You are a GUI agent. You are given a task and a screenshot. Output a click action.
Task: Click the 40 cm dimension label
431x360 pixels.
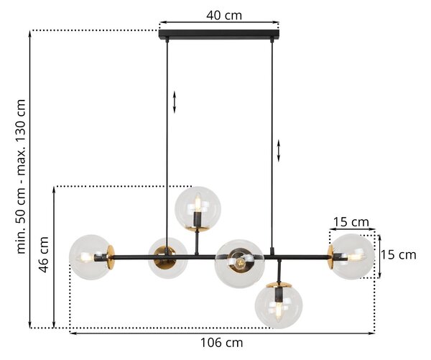click(224, 15)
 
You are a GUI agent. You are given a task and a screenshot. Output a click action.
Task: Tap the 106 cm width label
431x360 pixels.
click(221, 343)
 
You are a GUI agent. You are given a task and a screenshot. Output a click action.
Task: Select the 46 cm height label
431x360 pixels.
click(44, 254)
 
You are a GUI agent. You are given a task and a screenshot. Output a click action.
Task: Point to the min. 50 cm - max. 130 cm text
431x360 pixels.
click(21, 176)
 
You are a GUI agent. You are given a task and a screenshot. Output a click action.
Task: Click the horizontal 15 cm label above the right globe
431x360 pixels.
click(351, 222)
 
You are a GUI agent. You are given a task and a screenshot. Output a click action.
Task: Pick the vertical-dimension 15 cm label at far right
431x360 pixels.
click(398, 255)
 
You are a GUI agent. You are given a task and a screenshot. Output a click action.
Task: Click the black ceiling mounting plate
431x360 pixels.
click(219, 34)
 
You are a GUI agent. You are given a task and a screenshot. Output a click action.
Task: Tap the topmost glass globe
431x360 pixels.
click(198, 209)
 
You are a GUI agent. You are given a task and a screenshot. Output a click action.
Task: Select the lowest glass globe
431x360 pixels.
click(279, 305)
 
